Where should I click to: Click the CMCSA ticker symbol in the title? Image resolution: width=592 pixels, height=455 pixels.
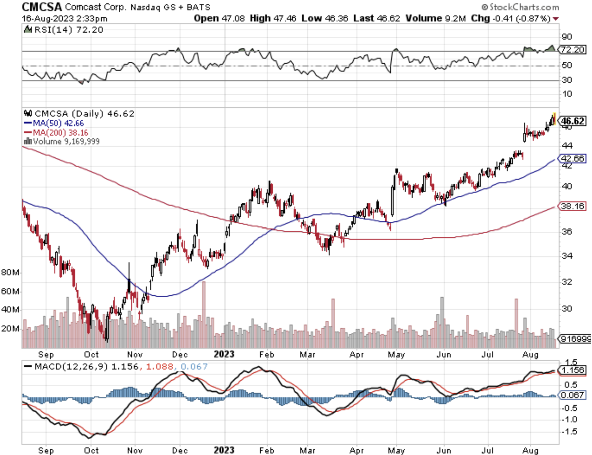42,7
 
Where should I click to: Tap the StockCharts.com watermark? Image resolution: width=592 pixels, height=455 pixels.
520,7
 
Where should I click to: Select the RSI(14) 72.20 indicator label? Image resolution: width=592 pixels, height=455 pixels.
68,30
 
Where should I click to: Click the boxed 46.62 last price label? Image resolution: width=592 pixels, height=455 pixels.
573,121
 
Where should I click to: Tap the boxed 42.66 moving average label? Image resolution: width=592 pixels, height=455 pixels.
572,158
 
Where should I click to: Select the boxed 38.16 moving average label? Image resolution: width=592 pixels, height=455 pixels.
572,206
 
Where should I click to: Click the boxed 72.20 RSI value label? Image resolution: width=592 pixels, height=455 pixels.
572,50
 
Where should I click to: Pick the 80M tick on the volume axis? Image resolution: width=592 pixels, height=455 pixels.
10,272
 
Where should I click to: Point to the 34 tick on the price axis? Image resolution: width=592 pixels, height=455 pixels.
567,256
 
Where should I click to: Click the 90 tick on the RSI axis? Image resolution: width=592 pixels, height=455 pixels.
567,37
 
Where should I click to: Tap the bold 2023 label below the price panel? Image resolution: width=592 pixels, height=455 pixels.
224,354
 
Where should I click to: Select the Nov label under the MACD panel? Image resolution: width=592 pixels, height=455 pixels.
135,450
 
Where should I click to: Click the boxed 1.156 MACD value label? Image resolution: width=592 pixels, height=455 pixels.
573,370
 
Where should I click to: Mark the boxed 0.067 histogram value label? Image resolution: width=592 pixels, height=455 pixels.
572,395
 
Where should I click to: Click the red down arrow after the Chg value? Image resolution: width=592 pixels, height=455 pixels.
556,19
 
